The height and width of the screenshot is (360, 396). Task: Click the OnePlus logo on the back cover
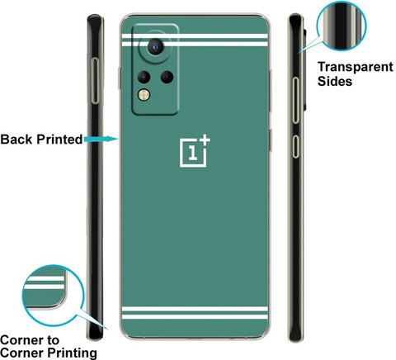click(x=195, y=151)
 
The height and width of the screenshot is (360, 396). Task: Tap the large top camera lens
click(x=155, y=47)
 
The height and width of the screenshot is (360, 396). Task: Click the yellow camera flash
click(x=144, y=95)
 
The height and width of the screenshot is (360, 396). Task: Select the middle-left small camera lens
click(x=144, y=77)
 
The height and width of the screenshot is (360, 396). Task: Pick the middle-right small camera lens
click(x=167, y=77)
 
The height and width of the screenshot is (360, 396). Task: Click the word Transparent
click(x=356, y=67)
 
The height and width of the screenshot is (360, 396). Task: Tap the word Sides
click(x=335, y=81)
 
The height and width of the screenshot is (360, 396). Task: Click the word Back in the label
click(x=16, y=140)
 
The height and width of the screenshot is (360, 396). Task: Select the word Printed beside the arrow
click(x=59, y=140)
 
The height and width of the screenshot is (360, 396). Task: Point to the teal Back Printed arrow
click(x=101, y=139)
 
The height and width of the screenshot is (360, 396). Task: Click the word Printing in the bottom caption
click(x=72, y=353)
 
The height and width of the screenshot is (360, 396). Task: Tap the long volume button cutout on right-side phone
click(x=295, y=100)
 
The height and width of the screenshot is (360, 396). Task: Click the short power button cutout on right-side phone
click(x=295, y=146)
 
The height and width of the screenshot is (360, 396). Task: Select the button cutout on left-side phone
click(x=95, y=81)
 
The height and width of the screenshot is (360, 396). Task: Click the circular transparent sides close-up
click(x=342, y=26)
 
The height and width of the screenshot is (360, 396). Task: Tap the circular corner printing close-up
click(x=53, y=296)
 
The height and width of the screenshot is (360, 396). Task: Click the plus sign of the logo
click(x=205, y=140)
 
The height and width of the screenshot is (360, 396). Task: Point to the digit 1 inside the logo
click(x=193, y=153)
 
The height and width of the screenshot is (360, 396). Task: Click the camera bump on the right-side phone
click(x=305, y=69)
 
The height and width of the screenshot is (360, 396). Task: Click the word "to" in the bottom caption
click(x=53, y=340)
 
